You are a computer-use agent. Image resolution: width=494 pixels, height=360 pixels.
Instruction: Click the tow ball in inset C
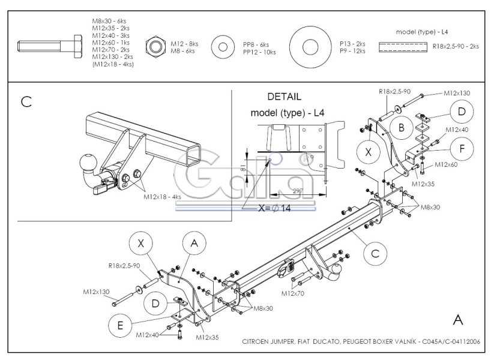pyautogui.click(x=86, y=163)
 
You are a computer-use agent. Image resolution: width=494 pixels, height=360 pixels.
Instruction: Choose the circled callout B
pyautogui.click(x=401, y=127)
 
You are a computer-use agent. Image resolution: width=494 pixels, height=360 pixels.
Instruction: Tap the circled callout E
pyautogui.click(x=120, y=325)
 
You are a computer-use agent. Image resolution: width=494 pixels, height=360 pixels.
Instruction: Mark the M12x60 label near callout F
pyautogui.click(x=446, y=164)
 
